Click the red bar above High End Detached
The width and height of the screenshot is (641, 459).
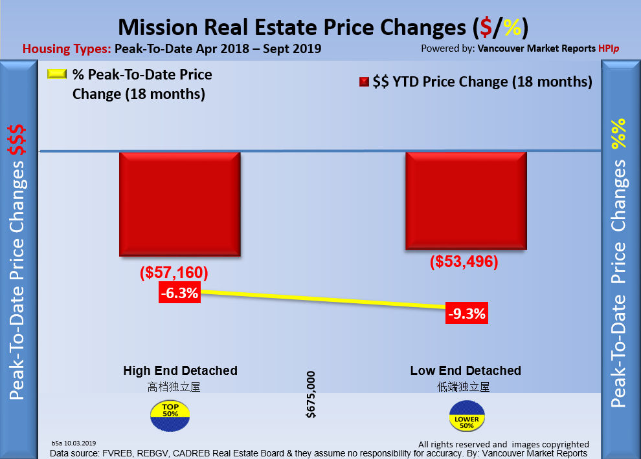point(180,205)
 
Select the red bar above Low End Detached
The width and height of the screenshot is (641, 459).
point(466,201)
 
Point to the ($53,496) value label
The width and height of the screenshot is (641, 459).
point(464,262)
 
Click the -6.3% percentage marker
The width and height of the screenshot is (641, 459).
point(179,294)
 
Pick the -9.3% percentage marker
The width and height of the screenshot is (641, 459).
point(466,314)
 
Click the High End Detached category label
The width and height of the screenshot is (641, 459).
point(180,371)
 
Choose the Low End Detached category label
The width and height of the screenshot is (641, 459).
point(466,371)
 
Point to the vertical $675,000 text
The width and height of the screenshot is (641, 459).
point(311,394)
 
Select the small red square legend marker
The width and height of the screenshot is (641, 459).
point(364,82)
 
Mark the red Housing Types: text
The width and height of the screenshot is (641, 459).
point(67,48)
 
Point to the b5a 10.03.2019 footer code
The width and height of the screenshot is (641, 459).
point(73,443)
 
